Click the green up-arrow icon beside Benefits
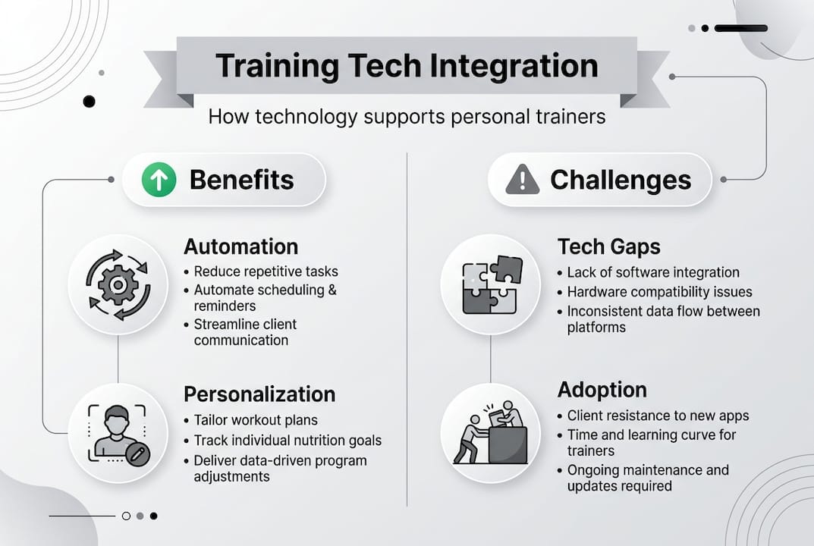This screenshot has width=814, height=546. click(159, 180)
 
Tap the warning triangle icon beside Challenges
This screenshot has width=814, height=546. click(522, 180)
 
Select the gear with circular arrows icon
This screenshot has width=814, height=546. click(118, 285)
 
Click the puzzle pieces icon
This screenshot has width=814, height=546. click(492, 284)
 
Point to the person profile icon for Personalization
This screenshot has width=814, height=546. click(119, 433)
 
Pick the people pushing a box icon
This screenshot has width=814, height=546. click(491, 433)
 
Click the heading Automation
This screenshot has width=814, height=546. click(241, 246)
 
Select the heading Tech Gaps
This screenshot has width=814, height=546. click(609, 246)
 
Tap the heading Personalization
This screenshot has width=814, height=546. click(259, 394)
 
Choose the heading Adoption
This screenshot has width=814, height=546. click(602, 390)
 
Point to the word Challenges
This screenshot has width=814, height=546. click(621, 180)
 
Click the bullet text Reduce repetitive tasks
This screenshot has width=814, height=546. click(266, 271)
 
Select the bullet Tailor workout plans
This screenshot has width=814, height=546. click(256, 420)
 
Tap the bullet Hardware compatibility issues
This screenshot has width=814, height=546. click(659, 292)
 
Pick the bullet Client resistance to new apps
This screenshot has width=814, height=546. click(658, 416)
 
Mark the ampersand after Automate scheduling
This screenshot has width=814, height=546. click(332, 290)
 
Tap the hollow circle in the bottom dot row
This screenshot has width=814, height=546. click(126, 516)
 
